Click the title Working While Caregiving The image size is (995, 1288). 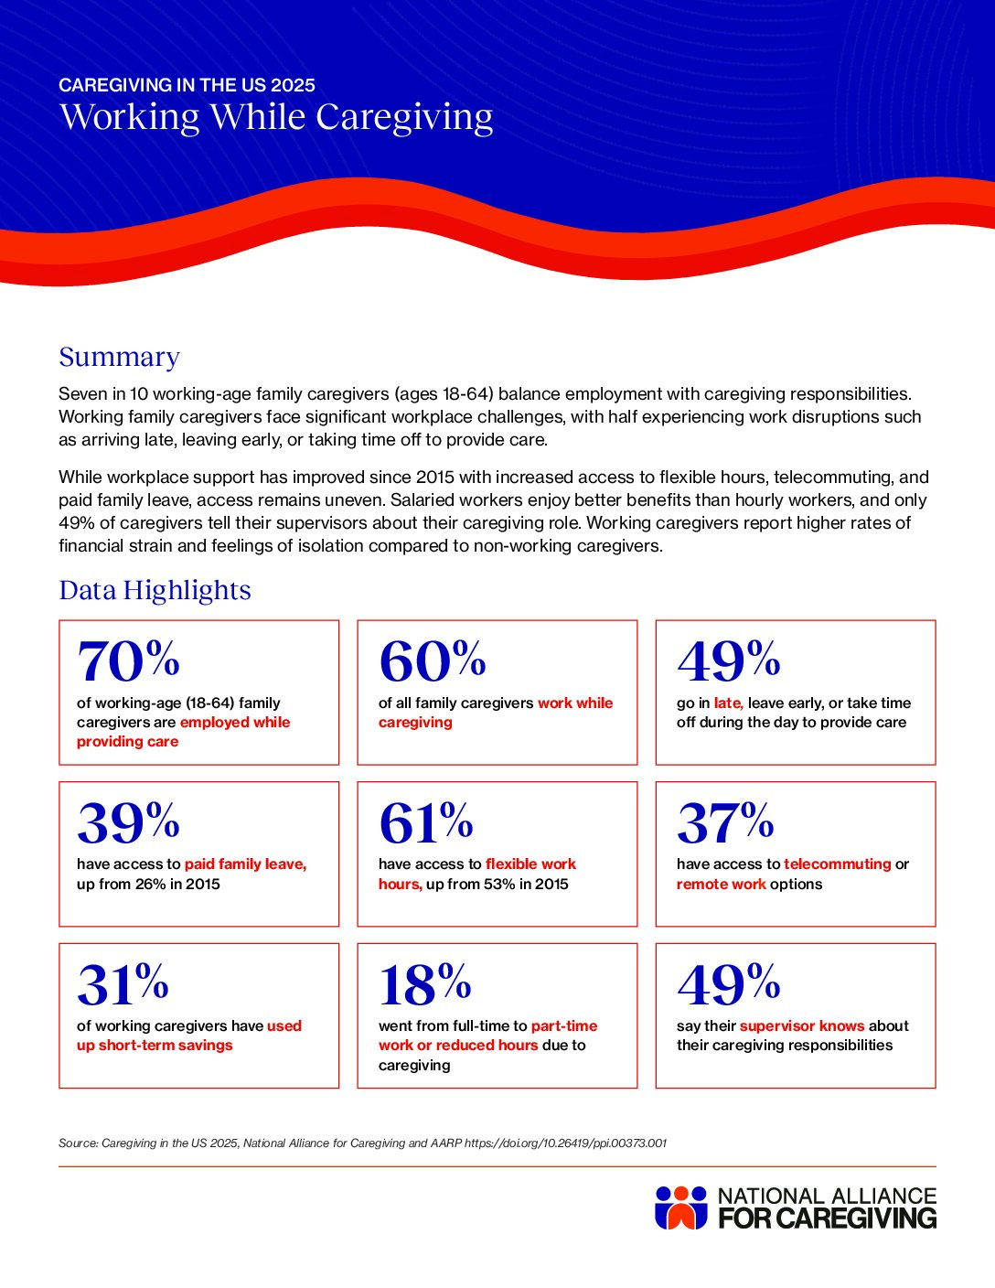click(x=276, y=117)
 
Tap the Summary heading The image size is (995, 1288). click(x=119, y=357)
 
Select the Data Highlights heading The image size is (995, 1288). click(x=155, y=590)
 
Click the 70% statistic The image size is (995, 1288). click(x=128, y=660)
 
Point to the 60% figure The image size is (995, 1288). click(x=432, y=660)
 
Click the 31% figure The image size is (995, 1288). click(x=123, y=983)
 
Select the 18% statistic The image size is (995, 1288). click(x=425, y=983)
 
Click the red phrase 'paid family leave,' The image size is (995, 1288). click(x=245, y=864)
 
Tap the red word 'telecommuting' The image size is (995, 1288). click(x=837, y=864)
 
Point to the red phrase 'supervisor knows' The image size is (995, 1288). click(x=801, y=1025)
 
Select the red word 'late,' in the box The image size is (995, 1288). click(x=728, y=703)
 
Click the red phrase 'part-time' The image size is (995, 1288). click(x=564, y=1025)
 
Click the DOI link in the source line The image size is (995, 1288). click(x=565, y=1143)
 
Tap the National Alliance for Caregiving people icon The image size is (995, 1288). click(x=681, y=1207)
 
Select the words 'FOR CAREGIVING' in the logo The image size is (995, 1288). click(x=827, y=1218)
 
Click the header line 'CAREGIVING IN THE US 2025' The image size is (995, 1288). click(x=187, y=85)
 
